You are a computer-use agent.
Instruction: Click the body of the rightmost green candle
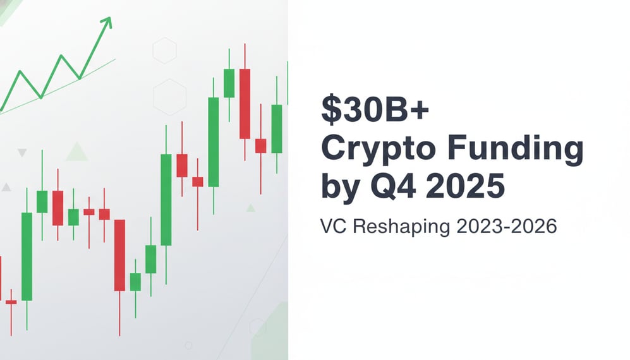coord(276,128)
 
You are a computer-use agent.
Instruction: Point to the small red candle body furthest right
coord(260,145)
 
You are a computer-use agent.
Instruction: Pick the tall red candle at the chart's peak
coord(245,104)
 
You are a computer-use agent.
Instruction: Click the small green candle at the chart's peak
coord(229,83)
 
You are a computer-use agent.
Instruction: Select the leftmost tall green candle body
coord(27,256)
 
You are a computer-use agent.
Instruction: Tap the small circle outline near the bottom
coord(188,345)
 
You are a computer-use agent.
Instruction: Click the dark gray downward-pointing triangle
coord(22,153)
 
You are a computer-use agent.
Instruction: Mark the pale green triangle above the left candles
coord(77,152)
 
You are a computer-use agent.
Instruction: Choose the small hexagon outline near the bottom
coord(257,327)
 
